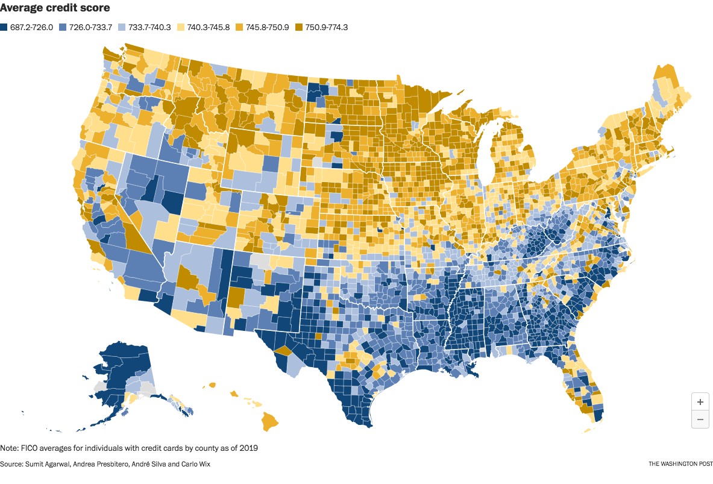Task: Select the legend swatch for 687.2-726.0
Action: [x=4, y=27]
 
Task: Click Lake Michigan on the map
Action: [x=488, y=163]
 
